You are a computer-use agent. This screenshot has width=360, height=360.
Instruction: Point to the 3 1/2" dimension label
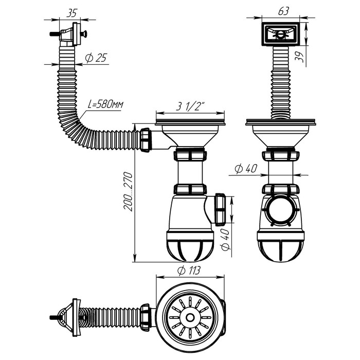tap(190, 107)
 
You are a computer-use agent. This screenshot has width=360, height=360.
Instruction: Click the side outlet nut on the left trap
tap(221, 209)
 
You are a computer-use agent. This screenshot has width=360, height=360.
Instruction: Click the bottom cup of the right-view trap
tap(280, 249)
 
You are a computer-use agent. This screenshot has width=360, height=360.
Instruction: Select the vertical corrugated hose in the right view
tap(280, 82)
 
